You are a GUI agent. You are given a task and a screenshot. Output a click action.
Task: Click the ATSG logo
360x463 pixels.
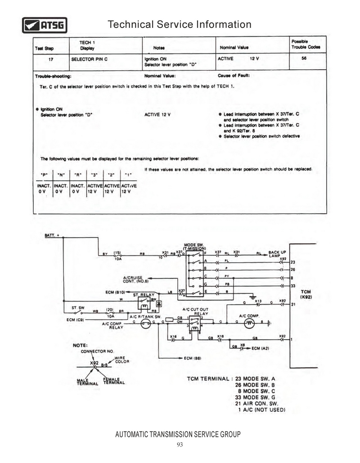[45, 25]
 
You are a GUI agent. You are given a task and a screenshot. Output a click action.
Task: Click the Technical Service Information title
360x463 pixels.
[180, 24]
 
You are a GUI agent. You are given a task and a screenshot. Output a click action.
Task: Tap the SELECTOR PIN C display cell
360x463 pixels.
[90, 58]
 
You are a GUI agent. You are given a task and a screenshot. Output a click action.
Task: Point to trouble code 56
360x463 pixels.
[304, 58]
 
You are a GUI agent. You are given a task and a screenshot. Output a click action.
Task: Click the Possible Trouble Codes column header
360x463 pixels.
[306, 44]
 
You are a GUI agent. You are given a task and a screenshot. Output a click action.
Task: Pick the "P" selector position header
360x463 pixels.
[44, 175]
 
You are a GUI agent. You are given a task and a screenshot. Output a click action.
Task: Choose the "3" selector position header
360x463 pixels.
[94, 175]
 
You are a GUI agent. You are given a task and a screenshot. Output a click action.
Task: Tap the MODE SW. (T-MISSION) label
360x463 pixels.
[195, 246]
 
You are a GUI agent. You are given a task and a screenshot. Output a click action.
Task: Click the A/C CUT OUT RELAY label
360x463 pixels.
[195, 311]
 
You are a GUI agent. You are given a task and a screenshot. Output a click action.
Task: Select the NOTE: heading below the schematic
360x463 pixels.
[81, 345]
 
